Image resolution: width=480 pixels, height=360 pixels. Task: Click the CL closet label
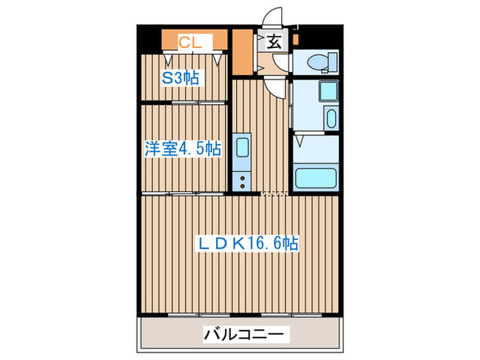click(190, 43)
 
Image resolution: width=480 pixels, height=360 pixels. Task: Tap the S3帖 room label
click(180, 77)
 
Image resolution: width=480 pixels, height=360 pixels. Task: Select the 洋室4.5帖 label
click(182, 148)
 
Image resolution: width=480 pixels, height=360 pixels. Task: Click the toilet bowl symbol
click(320, 62)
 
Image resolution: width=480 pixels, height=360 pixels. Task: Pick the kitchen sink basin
click(242, 148)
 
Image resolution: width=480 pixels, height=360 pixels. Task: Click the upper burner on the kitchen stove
click(242, 178)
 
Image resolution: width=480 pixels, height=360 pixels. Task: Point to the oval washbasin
click(331, 119)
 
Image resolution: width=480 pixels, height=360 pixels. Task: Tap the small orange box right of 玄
click(295, 40)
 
